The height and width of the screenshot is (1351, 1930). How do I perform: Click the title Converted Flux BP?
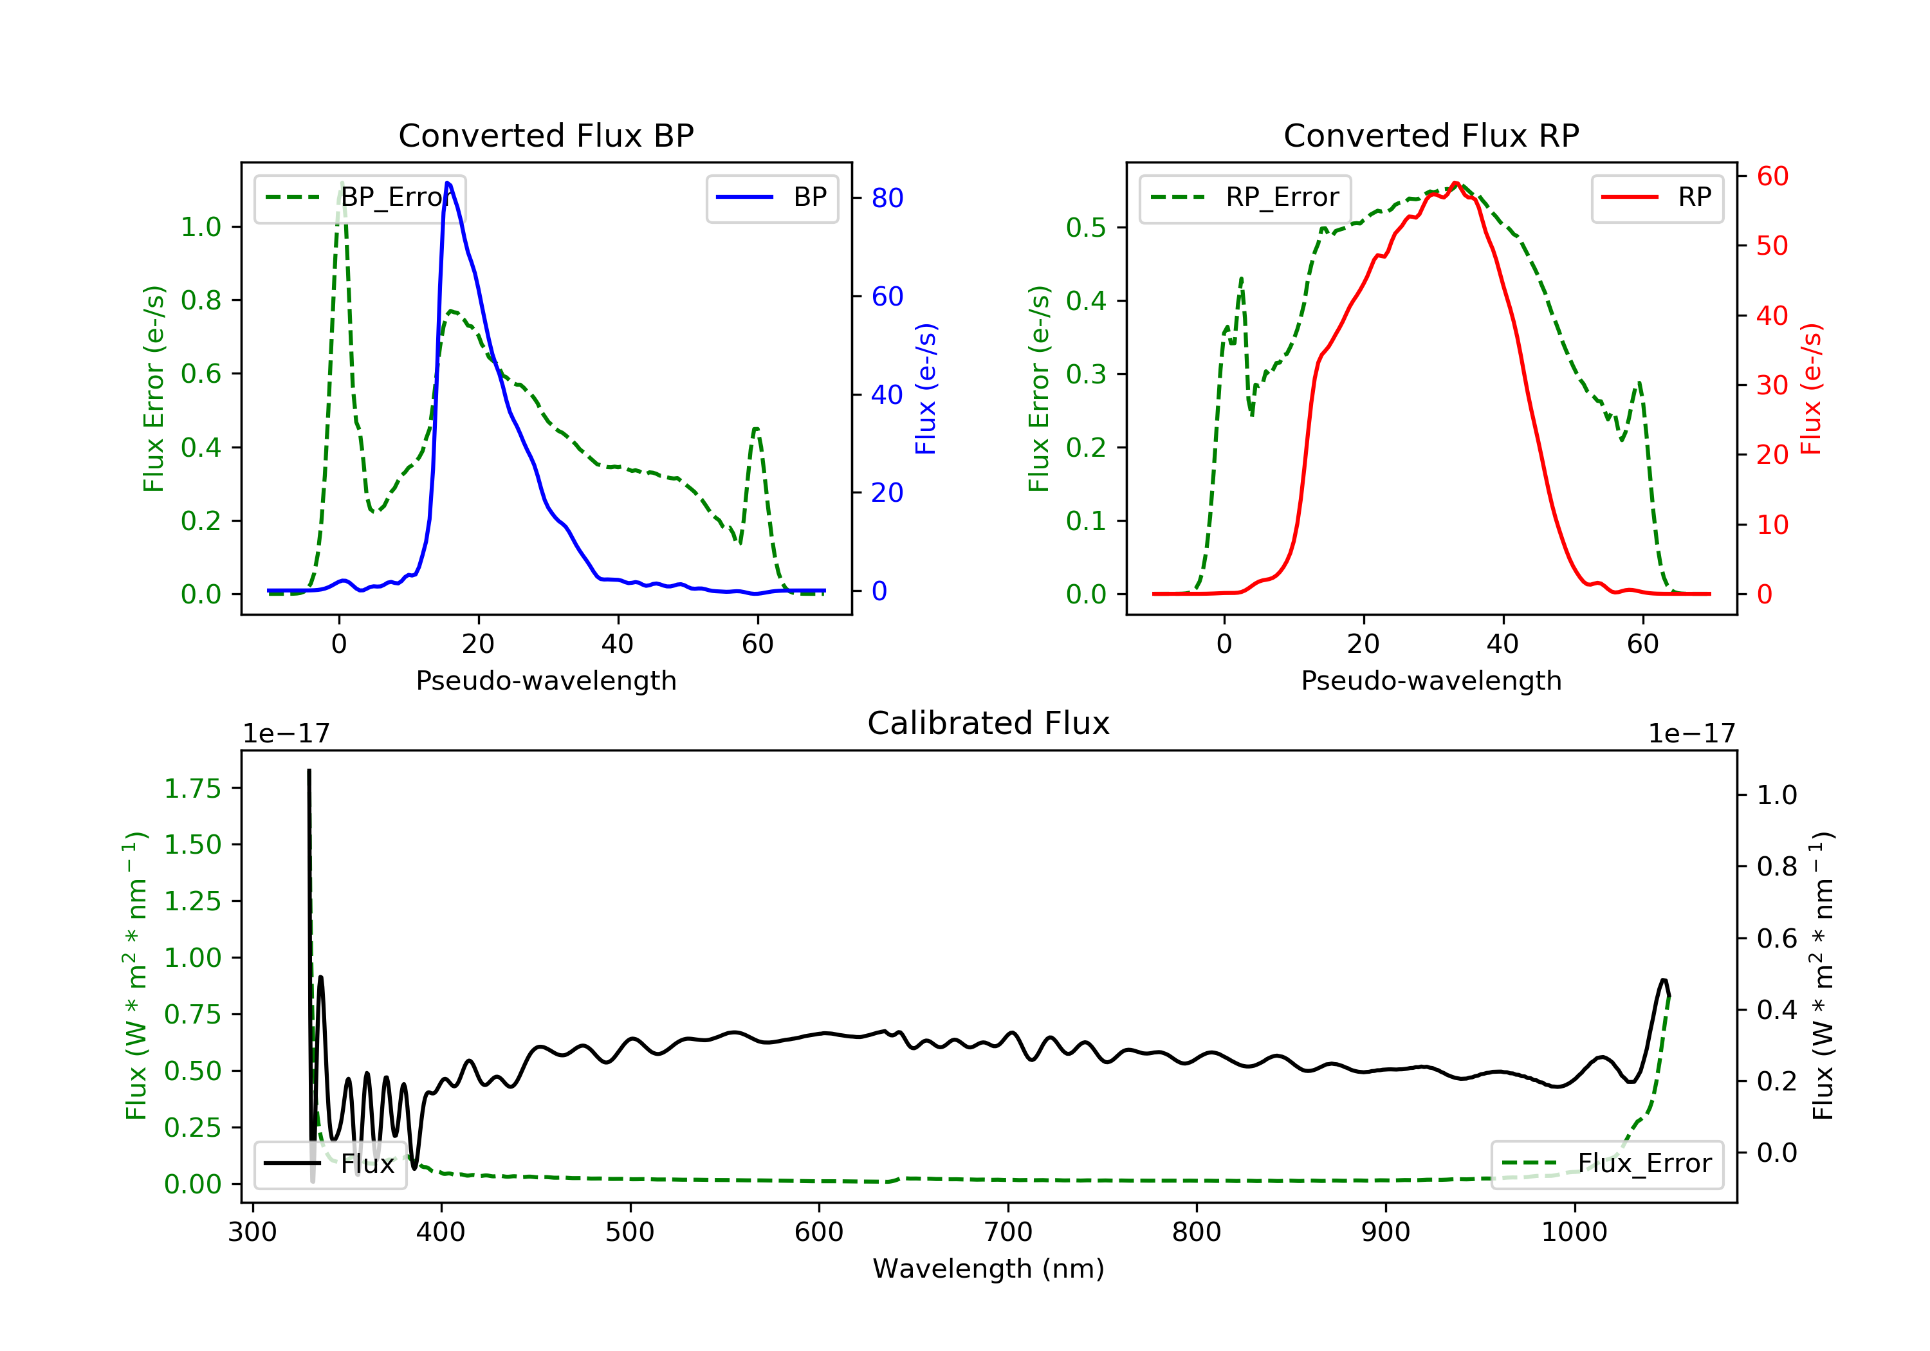point(546,135)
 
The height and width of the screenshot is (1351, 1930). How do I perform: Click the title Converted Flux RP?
point(1431,135)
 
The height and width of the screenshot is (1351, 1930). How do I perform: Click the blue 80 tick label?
point(887,198)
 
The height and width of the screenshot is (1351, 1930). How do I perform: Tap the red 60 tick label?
point(1772,176)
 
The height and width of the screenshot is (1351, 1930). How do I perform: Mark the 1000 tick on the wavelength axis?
point(1574,1233)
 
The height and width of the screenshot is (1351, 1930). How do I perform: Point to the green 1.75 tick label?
point(192,789)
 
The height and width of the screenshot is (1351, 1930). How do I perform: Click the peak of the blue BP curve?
point(448,183)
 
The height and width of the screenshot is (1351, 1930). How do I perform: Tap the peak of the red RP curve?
point(1455,183)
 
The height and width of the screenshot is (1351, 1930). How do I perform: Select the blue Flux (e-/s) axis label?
point(926,389)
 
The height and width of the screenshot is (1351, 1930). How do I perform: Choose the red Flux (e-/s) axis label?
point(1810,389)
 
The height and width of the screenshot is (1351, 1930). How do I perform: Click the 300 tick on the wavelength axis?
point(252,1233)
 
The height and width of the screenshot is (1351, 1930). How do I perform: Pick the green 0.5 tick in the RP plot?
point(1085,228)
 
